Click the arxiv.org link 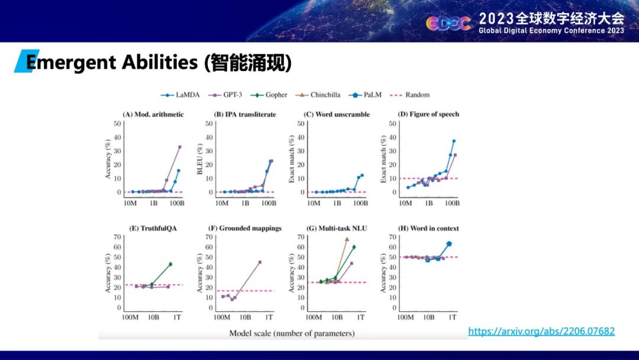[x=541, y=332]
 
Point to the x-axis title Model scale [x=292, y=333]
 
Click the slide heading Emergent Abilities [x=159, y=63]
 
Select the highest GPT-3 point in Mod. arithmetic [x=180, y=147]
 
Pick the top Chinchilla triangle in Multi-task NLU [x=347, y=239]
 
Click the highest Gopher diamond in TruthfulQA [x=170, y=264]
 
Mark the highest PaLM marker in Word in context [x=449, y=243]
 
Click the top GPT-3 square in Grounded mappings [x=260, y=262]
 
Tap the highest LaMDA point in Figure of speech [x=454, y=141]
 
